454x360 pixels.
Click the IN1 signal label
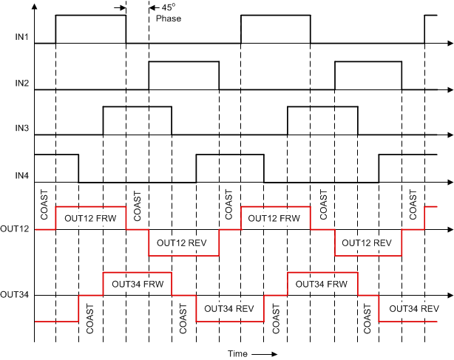pyautogui.click(x=21, y=36)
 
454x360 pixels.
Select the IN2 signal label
pyautogui.click(x=21, y=82)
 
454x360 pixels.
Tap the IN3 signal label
pyautogui.click(x=21, y=128)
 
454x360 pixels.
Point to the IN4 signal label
pyautogui.click(x=21, y=174)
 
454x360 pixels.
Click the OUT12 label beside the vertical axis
pyautogui.click(x=15, y=229)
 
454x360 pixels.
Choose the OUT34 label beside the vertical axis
pyautogui.click(x=15, y=295)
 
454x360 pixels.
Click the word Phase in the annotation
pyautogui.click(x=168, y=18)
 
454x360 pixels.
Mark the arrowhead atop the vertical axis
pyautogui.click(x=35, y=4)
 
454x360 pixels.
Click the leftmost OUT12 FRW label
pyautogui.click(x=90, y=219)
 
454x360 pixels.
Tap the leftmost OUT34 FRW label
pyautogui.click(x=137, y=283)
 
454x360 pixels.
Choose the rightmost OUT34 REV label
pyautogui.click(x=414, y=308)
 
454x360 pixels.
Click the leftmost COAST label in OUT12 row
pyautogui.click(x=45, y=207)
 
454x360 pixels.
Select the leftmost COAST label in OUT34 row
pyautogui.click(x=90, y=319)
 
